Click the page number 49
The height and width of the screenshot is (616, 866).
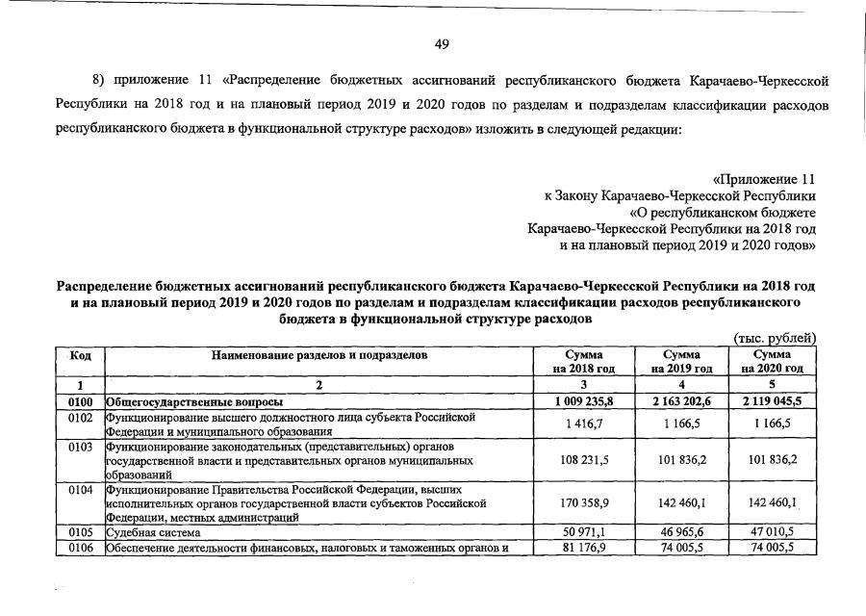click(442, 43)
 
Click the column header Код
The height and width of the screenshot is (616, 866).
click(81, 355)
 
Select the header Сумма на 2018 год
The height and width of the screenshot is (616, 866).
click(583, 361)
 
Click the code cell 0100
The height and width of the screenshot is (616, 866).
click(81, 400)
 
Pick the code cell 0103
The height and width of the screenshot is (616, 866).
click(81, 448)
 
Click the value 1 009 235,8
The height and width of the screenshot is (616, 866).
click(584, 400)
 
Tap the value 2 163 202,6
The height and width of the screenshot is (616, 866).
click(681, 400)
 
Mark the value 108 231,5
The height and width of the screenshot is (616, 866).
click(584, 460)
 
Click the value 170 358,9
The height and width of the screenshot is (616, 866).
click(584, 501)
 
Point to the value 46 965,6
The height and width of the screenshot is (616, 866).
click(681, 531)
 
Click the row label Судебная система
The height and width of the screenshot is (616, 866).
click(153, 531)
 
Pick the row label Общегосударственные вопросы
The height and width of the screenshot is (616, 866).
click(192, 400)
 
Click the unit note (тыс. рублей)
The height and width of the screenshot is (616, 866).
click(775, 338)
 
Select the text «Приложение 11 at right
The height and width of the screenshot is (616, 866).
click(764, 179)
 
